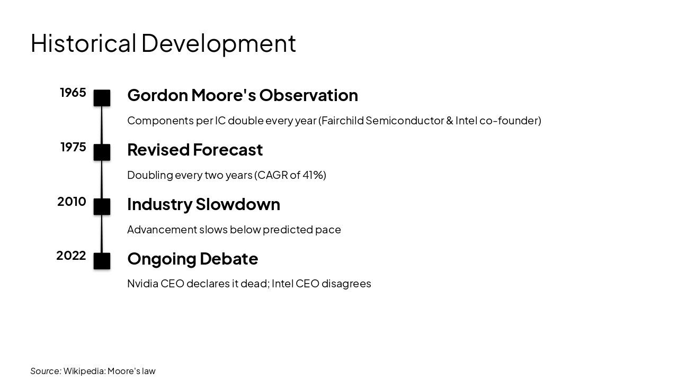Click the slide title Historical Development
coord(163,43)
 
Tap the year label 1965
coord(73,93)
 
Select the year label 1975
coord(73,147)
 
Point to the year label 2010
coord(72,202)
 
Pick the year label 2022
coord(71,256)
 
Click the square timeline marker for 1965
coord(102,98)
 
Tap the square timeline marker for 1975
coord(102,152)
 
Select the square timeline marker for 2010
coord(102,206)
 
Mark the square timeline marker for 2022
coord(102,261)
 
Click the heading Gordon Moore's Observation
coord(243,95)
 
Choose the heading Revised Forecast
coord(195,150)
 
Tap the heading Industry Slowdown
coord(203,204)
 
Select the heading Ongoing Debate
coord(192,259)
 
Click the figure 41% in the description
coord(313,175)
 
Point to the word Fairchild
coord(342,121)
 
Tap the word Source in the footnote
coord(45,371)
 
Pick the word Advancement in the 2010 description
coord(162,230)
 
